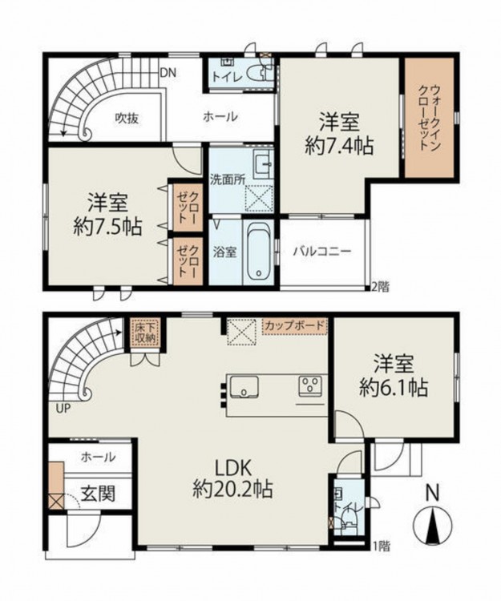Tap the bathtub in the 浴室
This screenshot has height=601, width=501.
point(258,252)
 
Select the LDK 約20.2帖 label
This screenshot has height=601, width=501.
point(232,478)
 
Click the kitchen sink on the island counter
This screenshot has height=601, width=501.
point(244,387)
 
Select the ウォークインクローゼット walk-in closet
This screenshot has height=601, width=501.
point(430,117)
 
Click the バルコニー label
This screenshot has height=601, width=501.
point(322,252)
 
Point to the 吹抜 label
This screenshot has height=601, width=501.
point(127,119)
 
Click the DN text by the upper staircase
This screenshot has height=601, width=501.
point(168,73)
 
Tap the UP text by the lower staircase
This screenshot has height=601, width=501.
point(63,409)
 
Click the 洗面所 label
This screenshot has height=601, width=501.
point(228,179)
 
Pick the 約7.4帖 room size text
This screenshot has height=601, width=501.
point(339,146)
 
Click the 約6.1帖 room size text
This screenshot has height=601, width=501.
point(394,388)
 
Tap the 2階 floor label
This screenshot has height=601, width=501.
point(379,287)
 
